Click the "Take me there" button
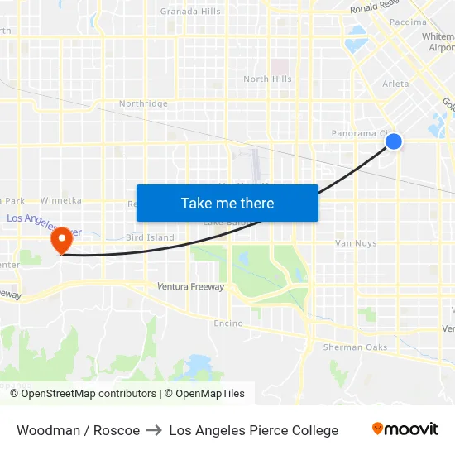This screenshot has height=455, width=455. [x=227, y=203]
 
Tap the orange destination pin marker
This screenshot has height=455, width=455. [x=61, y=241]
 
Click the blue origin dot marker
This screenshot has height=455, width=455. [x=394, y=141]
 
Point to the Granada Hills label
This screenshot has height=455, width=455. [x=190, y=11]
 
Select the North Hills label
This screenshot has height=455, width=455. [x=267, y=79]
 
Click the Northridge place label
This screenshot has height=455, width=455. [x=143, y=104]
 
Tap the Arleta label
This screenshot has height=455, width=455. [x=395, y=84]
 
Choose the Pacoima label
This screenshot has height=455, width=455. [x=408, y=22]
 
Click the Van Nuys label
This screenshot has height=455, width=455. [x=356, y=243]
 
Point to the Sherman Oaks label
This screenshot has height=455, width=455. [x=355, y=347]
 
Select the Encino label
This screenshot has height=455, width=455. [x=228, y=323]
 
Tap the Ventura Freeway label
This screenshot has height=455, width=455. [x=190, y=287]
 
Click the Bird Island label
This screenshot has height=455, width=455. [x=150, y=237]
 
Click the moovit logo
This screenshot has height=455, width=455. [x=405, y=429]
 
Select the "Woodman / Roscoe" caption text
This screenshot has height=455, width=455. [x=78, y=430]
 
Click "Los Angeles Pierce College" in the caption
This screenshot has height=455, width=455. [x=253, y=430]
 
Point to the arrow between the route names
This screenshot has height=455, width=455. [x=154, y=430]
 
